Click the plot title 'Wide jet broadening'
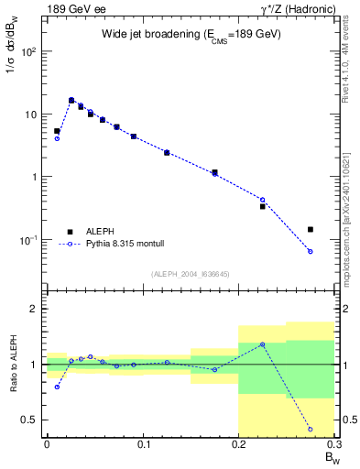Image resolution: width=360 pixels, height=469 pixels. [x=191, y=34]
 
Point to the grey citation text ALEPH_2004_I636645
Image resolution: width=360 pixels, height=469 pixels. [x=191, y=274]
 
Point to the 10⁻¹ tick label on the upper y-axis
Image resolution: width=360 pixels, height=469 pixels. [x=29, y=240]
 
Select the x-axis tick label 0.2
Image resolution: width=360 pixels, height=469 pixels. [x=239, y=444]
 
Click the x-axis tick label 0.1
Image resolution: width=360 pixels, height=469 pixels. [x=142, y=444]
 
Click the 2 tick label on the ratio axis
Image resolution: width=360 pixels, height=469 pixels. [x=35, y=309]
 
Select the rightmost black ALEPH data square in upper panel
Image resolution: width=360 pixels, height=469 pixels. [x=311, y=229]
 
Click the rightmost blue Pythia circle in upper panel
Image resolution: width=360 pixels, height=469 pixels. [x=311, y=251]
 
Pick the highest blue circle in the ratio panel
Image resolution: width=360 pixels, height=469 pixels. [x=262, y=344]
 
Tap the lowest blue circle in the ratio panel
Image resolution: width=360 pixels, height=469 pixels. [x=311, y=429]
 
